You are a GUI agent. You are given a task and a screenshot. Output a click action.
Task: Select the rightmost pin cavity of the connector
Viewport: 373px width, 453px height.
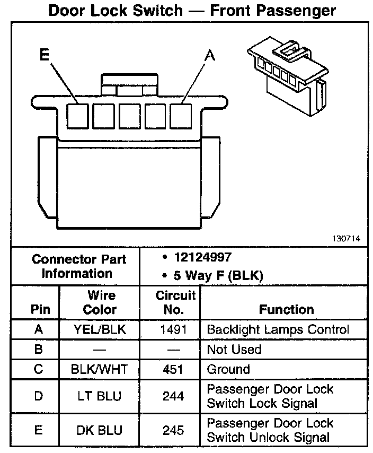[x=181, y=116]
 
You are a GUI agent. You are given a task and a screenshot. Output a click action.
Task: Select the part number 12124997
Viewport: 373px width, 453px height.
[x=202, y=258]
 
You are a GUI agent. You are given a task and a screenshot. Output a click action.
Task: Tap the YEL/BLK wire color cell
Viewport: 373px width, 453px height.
[x=100, y=329]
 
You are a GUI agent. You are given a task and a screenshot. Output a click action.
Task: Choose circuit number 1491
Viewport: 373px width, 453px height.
[x=173, y=329]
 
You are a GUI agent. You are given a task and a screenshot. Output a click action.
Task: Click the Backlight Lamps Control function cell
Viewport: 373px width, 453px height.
[x=278, y=329]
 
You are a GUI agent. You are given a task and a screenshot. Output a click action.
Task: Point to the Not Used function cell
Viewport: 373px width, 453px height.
[x=234, y=350]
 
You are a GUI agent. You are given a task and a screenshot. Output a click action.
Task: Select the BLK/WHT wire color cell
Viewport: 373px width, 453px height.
[x=100, y=369]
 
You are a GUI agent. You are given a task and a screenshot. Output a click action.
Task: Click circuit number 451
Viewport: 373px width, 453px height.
[x=173, y=369]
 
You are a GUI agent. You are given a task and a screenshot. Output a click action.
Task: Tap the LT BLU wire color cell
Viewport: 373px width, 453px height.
[x=100, y=396]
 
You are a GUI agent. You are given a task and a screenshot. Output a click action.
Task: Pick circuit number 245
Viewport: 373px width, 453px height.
[x=173, y=430]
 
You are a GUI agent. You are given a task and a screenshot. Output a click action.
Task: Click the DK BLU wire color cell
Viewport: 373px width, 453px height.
[x=100, y=430]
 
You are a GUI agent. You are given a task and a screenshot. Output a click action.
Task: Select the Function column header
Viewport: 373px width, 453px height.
[x=287, y=309]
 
